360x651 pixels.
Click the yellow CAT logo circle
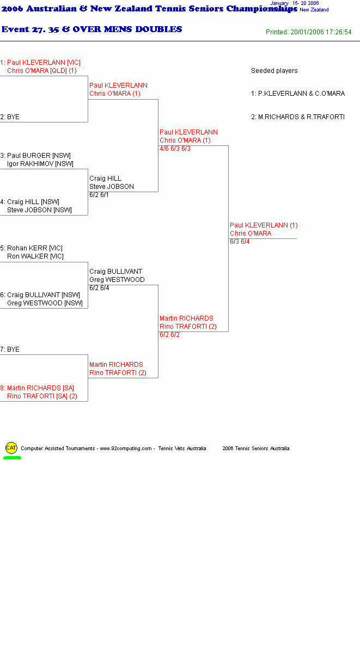point(11,447)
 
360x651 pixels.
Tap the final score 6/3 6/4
point(240,242)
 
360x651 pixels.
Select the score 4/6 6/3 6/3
point(175,149)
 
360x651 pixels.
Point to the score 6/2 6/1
point(99,195)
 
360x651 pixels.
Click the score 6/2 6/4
point(99,288)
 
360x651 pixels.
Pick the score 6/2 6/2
point(170,335)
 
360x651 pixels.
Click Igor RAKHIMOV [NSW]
point(40,164)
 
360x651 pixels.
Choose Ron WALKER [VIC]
point(35,256)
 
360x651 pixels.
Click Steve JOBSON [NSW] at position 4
point(39,210)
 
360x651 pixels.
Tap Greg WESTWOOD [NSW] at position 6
point(45,303)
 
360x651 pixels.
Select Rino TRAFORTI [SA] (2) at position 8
point(42,396)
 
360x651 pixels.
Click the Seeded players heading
point(274,71)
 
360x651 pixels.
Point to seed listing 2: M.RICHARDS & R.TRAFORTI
point(298,117)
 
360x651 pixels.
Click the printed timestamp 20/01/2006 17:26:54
point(321,32)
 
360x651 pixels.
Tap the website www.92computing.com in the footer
point(126,449)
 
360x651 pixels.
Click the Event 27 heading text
point(91,29)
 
